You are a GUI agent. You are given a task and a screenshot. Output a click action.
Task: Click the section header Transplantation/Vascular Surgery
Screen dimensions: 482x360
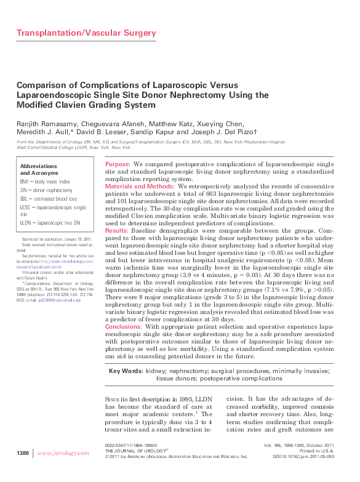(86, 33)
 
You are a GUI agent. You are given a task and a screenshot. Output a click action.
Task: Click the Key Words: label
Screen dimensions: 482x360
(125, 371)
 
